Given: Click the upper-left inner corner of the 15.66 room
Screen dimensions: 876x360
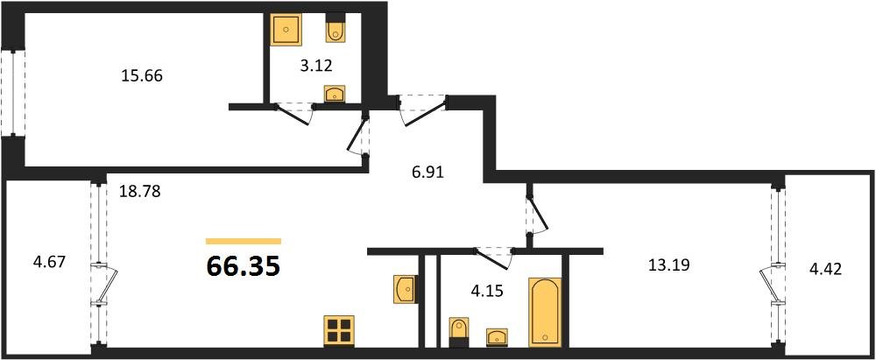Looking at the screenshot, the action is click(25, 13).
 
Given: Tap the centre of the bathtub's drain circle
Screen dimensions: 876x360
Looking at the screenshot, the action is click(545, 338).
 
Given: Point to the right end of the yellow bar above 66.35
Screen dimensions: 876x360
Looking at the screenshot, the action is click(281, 242).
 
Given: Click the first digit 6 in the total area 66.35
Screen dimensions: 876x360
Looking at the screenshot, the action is click(215, 266).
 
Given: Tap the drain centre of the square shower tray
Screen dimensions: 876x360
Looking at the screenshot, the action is click(286, 30).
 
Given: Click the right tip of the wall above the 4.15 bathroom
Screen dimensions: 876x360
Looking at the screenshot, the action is click(604, 251).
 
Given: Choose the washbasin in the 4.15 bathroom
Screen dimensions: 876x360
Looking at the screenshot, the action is click(498, 337).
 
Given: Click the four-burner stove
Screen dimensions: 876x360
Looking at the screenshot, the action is click(339, 329).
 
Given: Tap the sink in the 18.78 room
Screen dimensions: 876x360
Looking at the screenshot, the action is click(405, 289).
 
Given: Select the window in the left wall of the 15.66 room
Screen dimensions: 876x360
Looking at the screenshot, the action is click(13, 93).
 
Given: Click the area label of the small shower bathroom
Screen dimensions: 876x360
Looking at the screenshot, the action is click(316, 66).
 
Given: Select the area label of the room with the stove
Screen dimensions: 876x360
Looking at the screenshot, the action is click(140, 192).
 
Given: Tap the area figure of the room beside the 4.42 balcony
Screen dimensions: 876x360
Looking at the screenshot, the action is click(668, 265).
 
